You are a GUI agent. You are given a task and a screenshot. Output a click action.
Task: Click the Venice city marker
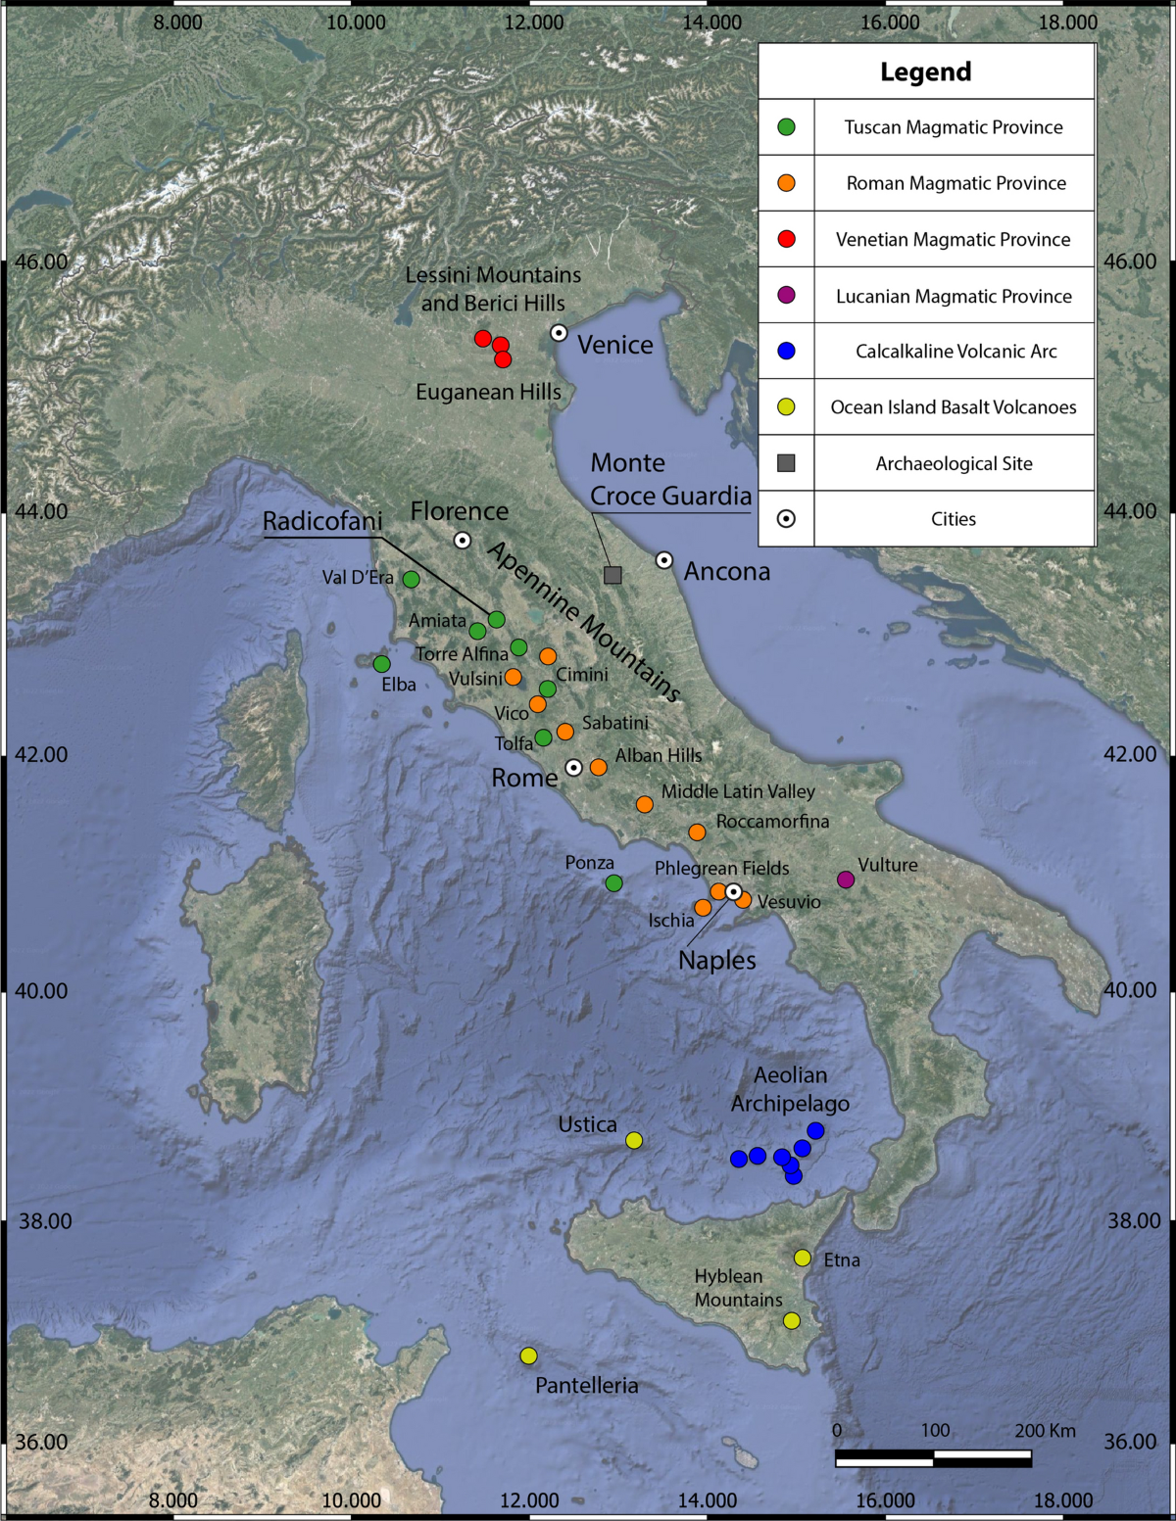[x=559, y=333]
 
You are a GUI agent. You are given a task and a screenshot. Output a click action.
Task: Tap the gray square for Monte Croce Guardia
[x=612, y=575]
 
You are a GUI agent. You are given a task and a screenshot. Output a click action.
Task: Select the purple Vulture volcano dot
[x=846, y=879]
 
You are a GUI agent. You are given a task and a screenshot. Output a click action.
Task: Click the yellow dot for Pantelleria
[x=528, y=1355]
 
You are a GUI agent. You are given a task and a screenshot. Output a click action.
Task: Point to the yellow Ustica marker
[x=634, y=1140]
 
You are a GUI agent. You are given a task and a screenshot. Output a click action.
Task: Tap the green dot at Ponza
[x=613, y=883]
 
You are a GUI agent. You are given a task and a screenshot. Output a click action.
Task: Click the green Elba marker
[x=381, y=664]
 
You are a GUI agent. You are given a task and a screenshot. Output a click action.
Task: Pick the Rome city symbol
[x=574, y=768]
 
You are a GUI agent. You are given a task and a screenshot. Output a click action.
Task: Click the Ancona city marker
[x=664, y=560]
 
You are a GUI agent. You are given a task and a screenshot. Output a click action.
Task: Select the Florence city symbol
[x=463, y=540]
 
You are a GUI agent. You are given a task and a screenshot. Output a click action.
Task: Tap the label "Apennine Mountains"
[x=583, y=621]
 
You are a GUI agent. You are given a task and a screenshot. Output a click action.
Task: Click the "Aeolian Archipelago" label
[x=790, y=1089]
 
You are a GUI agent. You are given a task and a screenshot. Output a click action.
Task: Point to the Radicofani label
[x=322, y=521]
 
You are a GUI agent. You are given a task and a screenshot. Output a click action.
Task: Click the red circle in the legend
[x=786, y=239]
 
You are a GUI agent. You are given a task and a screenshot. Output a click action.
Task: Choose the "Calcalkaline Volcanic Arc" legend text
[x=955, y=352]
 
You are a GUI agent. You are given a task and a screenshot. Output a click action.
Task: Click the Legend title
[x=926, y=71]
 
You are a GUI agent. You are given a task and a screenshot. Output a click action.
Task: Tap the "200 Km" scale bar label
[x=1045, y=1431]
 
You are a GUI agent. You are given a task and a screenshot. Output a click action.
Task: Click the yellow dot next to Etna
[x=803, y=1258]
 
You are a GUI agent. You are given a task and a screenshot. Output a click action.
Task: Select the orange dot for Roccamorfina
[x=697, y=832]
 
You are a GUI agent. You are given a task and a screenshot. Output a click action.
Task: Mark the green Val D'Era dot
[x=412, y=579]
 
